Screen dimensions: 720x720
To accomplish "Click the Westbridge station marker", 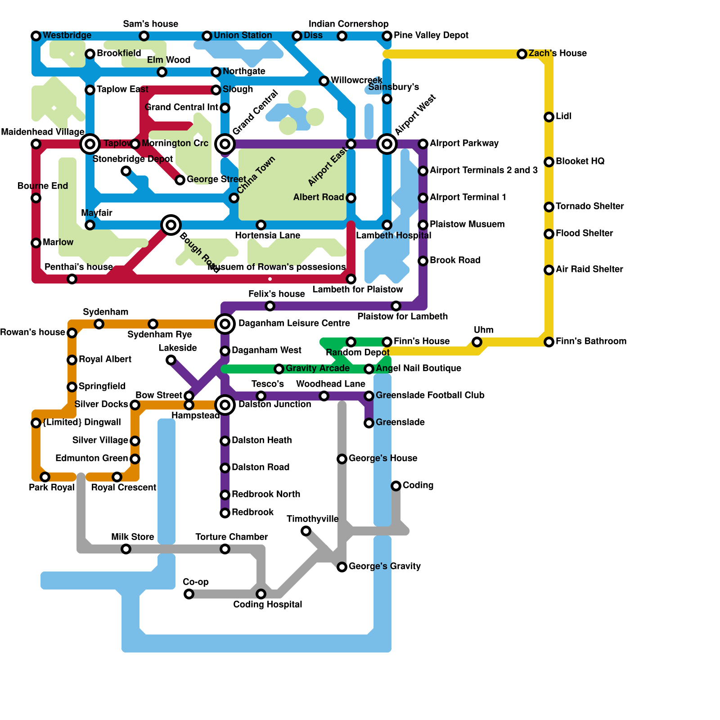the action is [x=36, y=36].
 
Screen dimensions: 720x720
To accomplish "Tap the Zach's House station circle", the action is [x=522, y=54].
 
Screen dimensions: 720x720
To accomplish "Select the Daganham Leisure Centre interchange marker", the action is [x=225, y=324].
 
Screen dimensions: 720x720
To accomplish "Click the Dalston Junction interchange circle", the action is [x=225, y=405].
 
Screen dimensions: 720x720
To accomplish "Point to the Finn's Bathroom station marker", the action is [x=549, y=342].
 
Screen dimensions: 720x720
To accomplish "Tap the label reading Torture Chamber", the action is [x=232, y=537].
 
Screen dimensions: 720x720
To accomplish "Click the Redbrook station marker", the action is [x=225, y=513].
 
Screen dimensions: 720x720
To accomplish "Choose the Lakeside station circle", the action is [x=171, y=360].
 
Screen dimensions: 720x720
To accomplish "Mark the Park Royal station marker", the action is [x=45, y=477].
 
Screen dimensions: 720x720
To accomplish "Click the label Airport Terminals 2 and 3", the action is [x=484, y=170].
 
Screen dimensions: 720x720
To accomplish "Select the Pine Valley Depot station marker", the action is [x=387, y=36].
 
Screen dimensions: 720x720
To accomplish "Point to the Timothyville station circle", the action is [x=306, y=531].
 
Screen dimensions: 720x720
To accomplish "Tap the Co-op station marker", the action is [x=189, y=594].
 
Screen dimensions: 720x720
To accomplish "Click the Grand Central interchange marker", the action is [x=225, y=144].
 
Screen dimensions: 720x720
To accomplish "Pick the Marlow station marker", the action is [x=36, y=243].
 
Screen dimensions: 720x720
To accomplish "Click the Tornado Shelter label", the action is [x=589, y=206].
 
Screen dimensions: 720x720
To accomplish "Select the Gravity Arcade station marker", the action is [x=279, y=369].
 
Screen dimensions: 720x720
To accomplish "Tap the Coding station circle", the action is [x=396, y=486].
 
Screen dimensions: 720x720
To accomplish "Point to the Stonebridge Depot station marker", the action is [x=126, y=171].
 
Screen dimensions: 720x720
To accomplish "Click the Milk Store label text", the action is [x=133, y=537].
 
